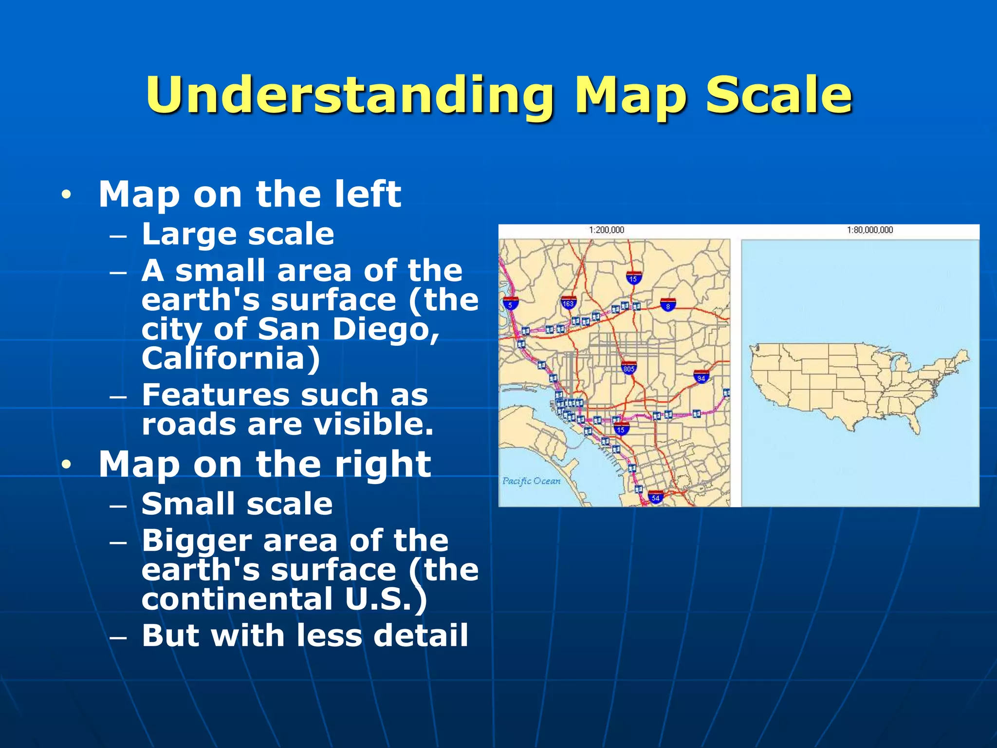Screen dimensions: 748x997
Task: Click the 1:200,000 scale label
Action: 606,230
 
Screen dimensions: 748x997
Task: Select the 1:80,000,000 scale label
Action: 869,230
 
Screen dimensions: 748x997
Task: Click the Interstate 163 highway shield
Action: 568,303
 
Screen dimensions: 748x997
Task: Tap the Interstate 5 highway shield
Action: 510,304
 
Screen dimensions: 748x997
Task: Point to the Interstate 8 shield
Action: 668,305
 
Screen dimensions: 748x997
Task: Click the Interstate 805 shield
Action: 628,368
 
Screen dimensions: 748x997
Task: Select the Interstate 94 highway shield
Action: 701,376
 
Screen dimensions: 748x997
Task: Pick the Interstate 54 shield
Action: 656,497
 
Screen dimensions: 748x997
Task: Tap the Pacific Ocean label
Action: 531,481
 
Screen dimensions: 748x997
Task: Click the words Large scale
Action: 238,234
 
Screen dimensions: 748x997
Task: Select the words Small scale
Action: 237,504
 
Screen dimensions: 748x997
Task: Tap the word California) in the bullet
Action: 231,358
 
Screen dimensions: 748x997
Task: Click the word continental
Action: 237,599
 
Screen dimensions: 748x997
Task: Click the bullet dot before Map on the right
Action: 66,465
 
